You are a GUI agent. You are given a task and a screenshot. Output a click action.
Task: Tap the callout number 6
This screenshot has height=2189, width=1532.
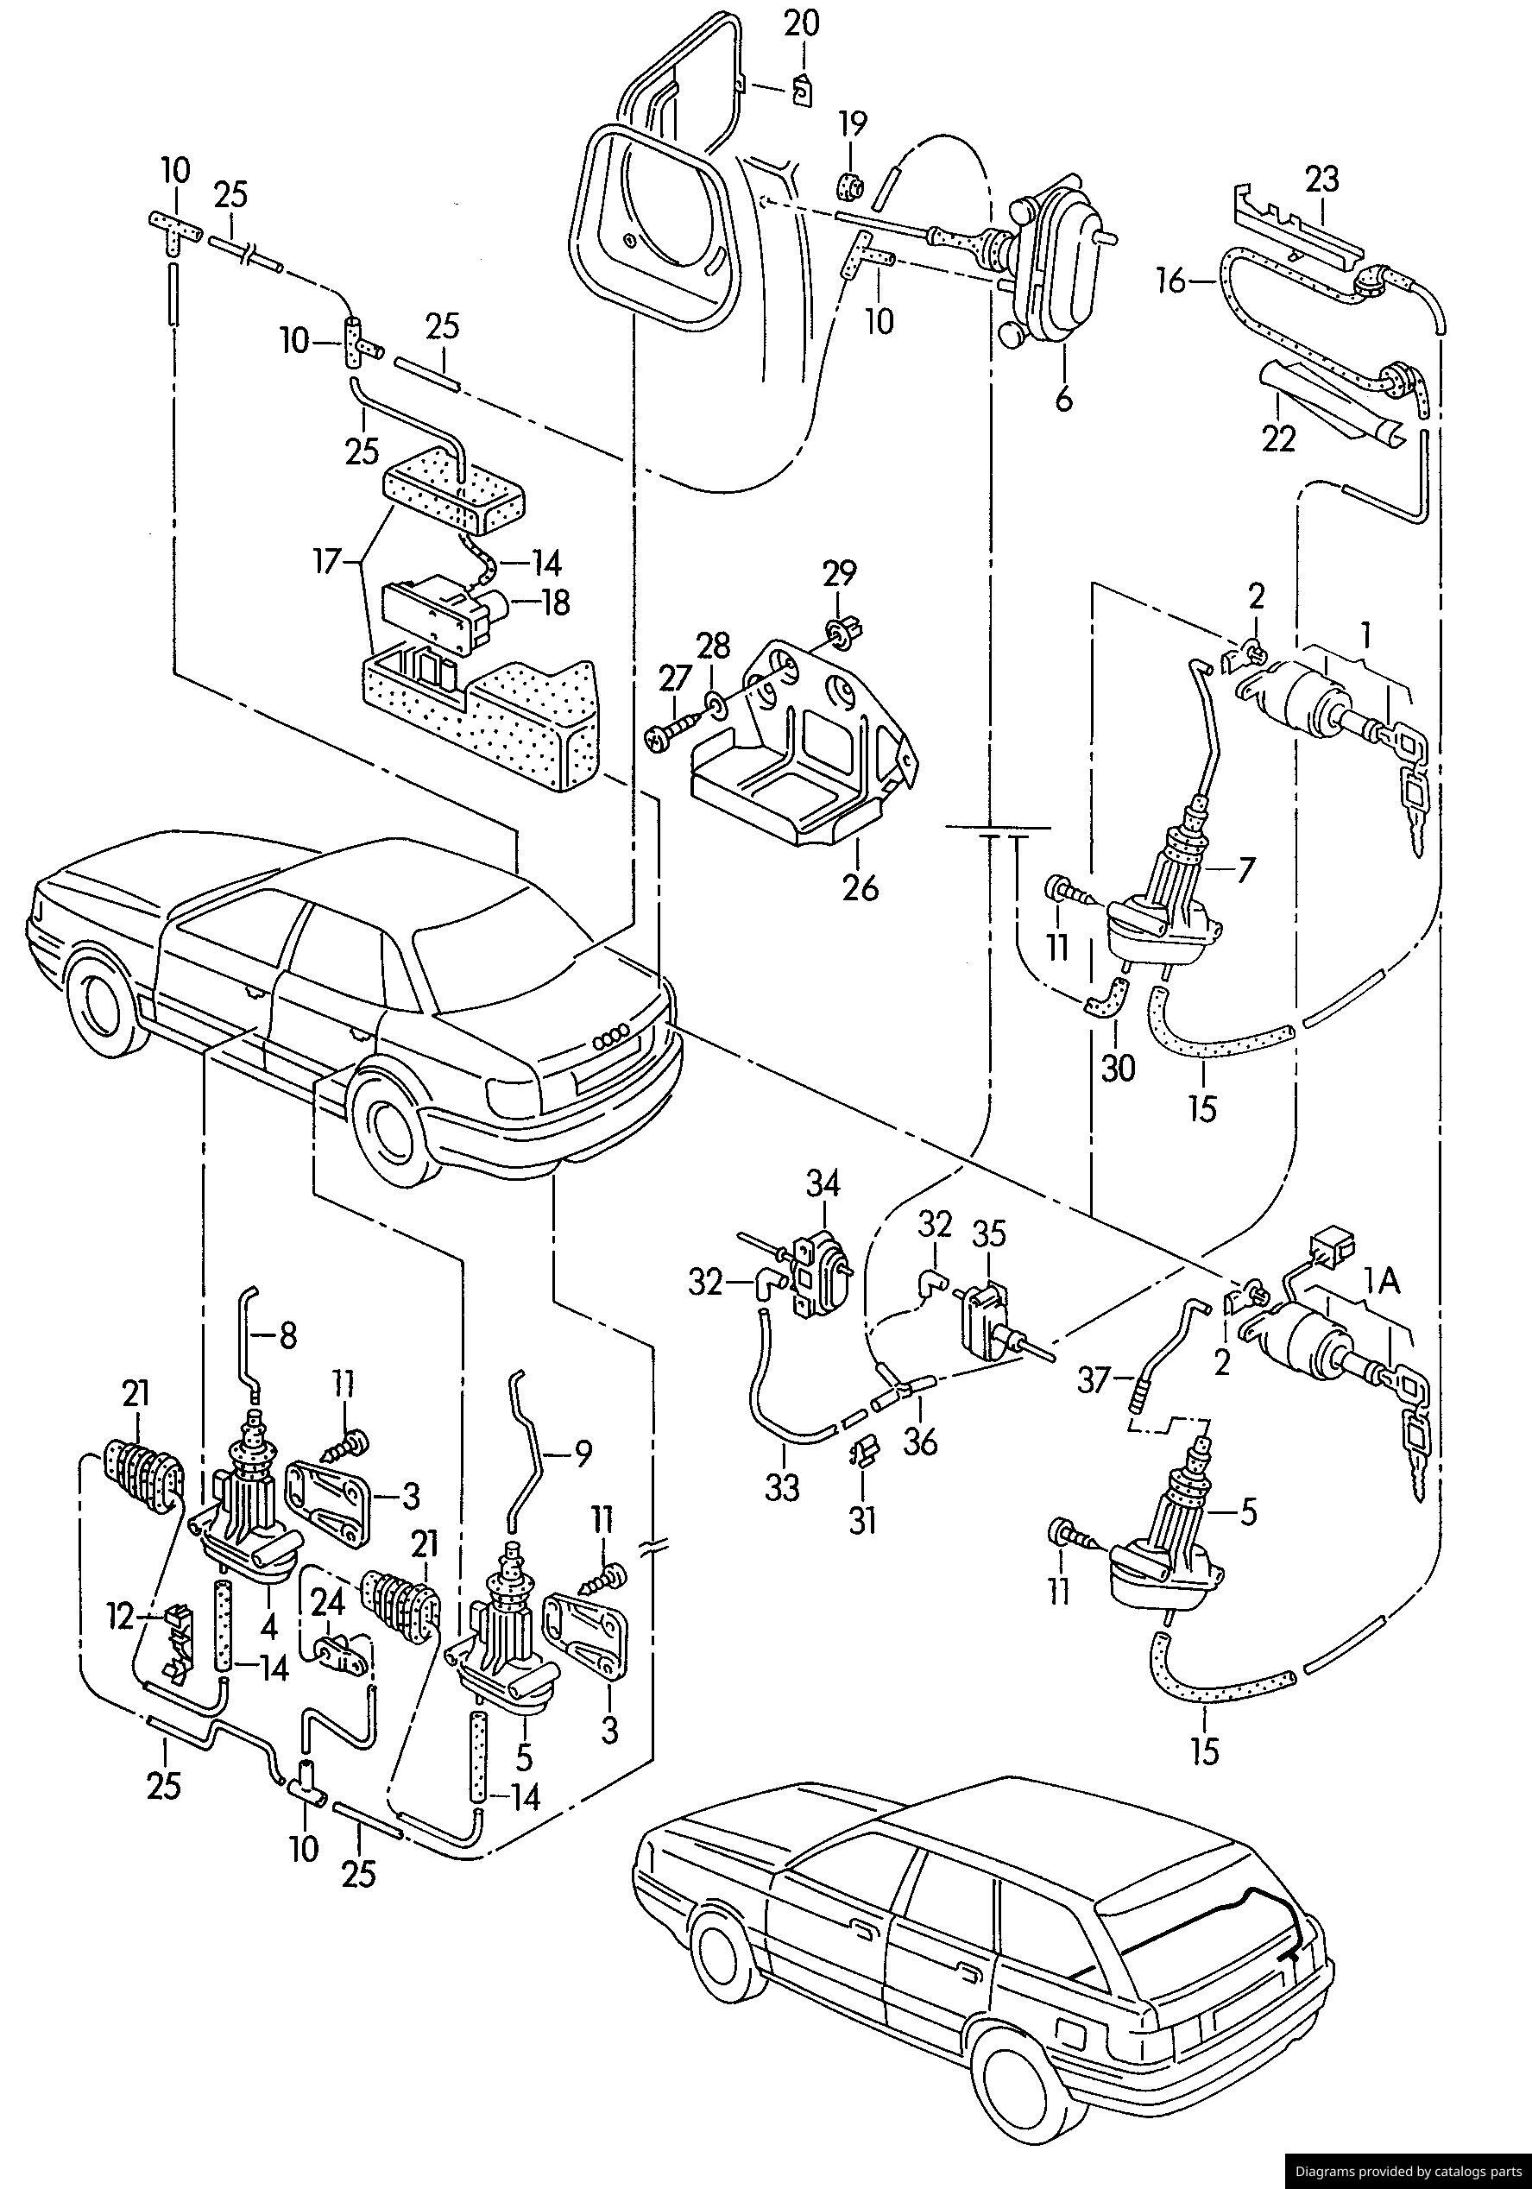(x=1063, y=398)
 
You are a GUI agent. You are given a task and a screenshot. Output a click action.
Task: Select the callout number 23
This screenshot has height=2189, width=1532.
(x=1322, y=179)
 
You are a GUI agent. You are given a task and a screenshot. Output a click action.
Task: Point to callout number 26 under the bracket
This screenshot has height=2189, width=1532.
(x=860, y=886)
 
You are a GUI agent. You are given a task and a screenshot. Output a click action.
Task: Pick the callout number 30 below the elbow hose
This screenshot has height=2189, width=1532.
(x=1119, y=1068)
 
